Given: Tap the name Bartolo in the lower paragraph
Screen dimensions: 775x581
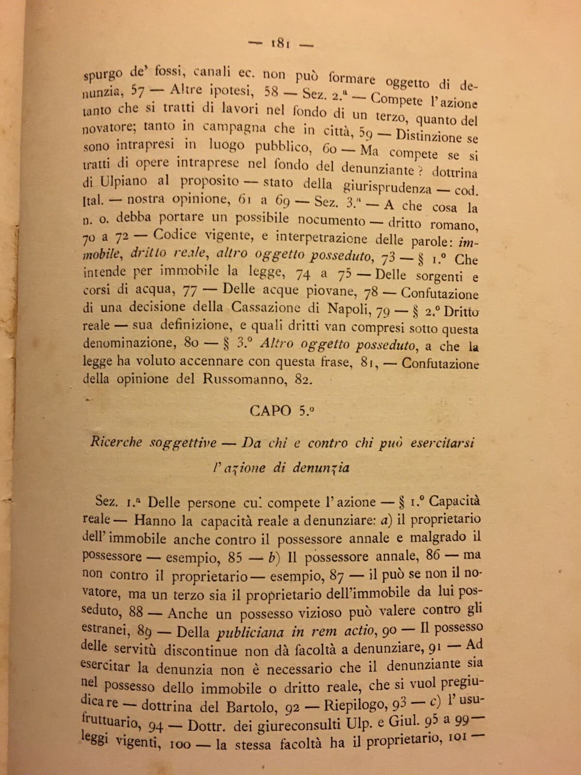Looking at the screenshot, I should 255,707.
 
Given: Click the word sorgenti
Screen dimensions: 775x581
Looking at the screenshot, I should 441,277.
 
